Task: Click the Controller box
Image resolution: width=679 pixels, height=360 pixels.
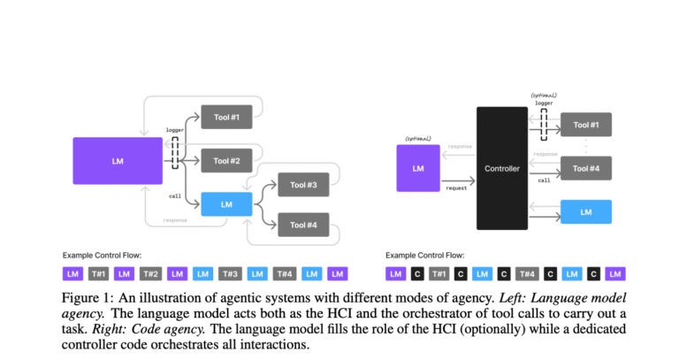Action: coord(501,167)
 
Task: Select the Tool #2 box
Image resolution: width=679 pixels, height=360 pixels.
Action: coord(227,160)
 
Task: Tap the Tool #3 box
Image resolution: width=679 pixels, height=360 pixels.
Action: coord(304,185)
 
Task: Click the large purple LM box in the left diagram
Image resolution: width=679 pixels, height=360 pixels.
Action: coord(118,160)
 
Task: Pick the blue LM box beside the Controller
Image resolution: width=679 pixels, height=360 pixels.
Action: coord(586,212)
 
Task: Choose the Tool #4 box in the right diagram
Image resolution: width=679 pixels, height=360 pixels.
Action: coord(586,168)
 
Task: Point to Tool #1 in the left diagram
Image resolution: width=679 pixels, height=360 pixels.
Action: coord(227,116)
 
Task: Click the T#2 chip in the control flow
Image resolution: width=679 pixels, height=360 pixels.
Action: coord(149,274)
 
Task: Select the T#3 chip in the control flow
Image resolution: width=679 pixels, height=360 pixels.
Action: coord(231,274)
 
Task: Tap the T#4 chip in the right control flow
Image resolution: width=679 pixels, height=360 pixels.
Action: coord(526,274)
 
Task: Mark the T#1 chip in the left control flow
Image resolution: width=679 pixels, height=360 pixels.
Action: coord(99,274)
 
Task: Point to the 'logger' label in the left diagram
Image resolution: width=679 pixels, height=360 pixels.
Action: coord(174,130)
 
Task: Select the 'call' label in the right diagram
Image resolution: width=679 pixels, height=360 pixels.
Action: coord(545,180)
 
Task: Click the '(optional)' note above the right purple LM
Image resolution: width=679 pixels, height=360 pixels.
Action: coord(417,139)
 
